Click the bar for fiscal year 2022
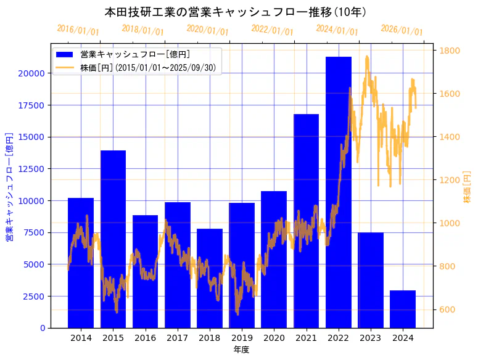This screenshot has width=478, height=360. tap(339, 192)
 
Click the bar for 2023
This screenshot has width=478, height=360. tap(371, 280)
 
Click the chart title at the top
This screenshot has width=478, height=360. tap(236, 12)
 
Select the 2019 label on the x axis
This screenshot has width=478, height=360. tap(242, 338)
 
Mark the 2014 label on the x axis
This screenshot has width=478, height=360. tap(81, 338)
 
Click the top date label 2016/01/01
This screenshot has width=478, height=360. tap(78, 30)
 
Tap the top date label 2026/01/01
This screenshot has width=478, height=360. tap(402, 30)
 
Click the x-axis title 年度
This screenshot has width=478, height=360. tap(241, 350)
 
